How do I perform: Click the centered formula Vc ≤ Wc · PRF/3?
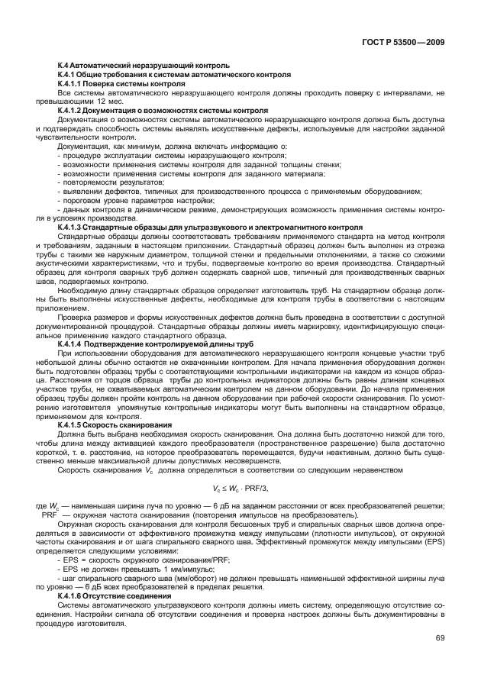pyautogui.click(x=240, y=488)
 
